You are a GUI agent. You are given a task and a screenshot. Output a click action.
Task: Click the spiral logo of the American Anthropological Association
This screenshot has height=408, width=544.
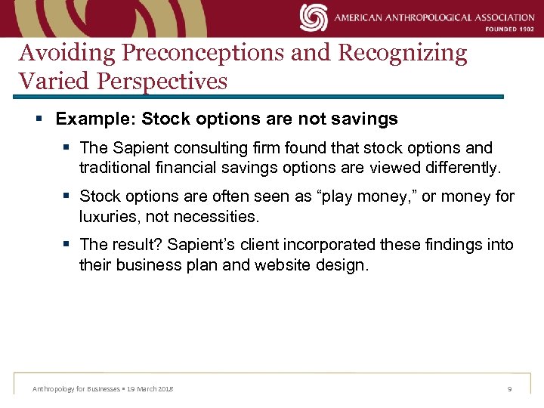pyautogui.click(x=314, y=17)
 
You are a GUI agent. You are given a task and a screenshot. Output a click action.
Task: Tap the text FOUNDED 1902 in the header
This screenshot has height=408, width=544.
pyautogui.click(x=510, y=29)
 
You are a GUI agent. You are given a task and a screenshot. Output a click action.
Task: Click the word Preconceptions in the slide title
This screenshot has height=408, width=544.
pyautogui.click(x=206, y=53)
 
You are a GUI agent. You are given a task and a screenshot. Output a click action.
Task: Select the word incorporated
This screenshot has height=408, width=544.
pyautogui.click(x=332, y=245)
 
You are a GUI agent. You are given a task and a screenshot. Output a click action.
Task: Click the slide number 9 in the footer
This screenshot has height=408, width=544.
pyautogui.click(x=509, y=388)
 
